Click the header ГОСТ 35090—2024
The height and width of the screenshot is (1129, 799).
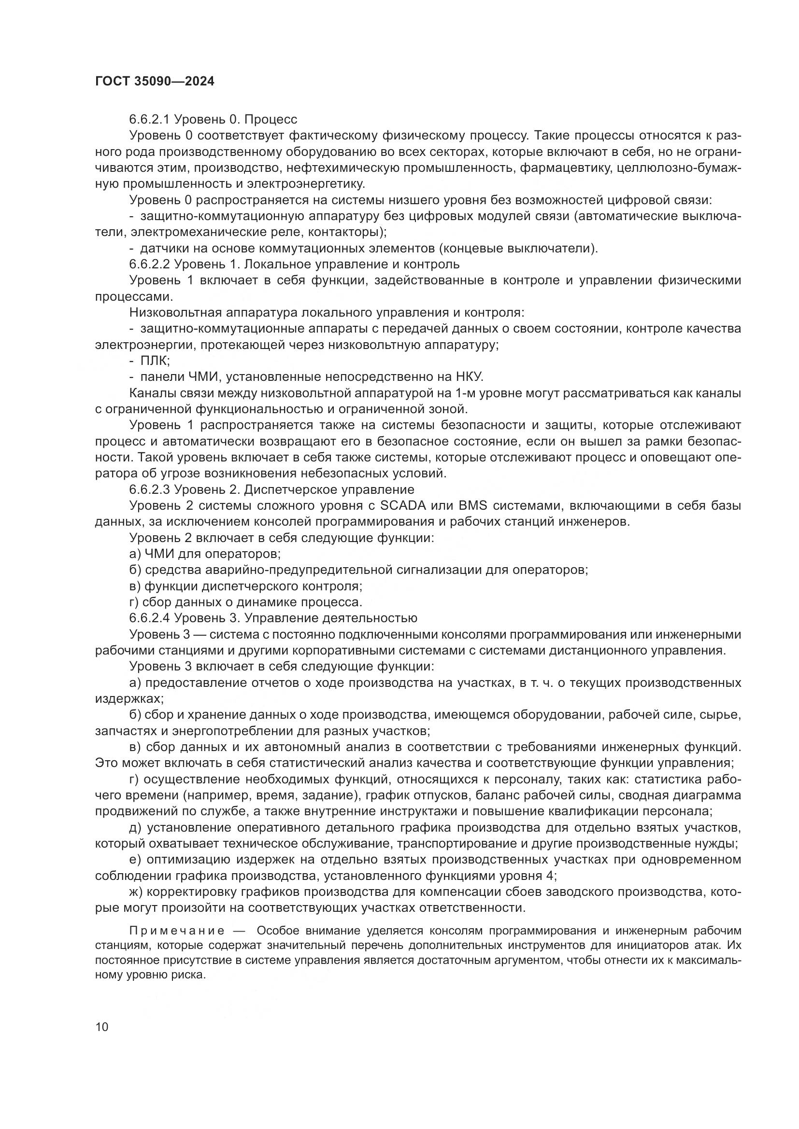[x=155, y=82]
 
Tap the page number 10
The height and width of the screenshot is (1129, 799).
[x=102, y=1027]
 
